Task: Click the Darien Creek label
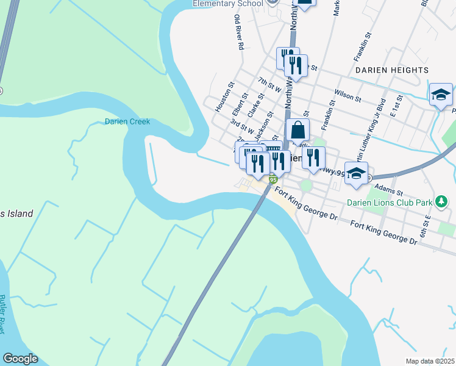coord(127,122)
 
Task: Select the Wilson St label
coord(348,96)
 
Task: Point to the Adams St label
coord(387,187)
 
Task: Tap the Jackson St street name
coord(262,125)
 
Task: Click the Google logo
coord(20,359)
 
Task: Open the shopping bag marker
coord(297,130)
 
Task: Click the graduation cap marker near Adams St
coord(356,173)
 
